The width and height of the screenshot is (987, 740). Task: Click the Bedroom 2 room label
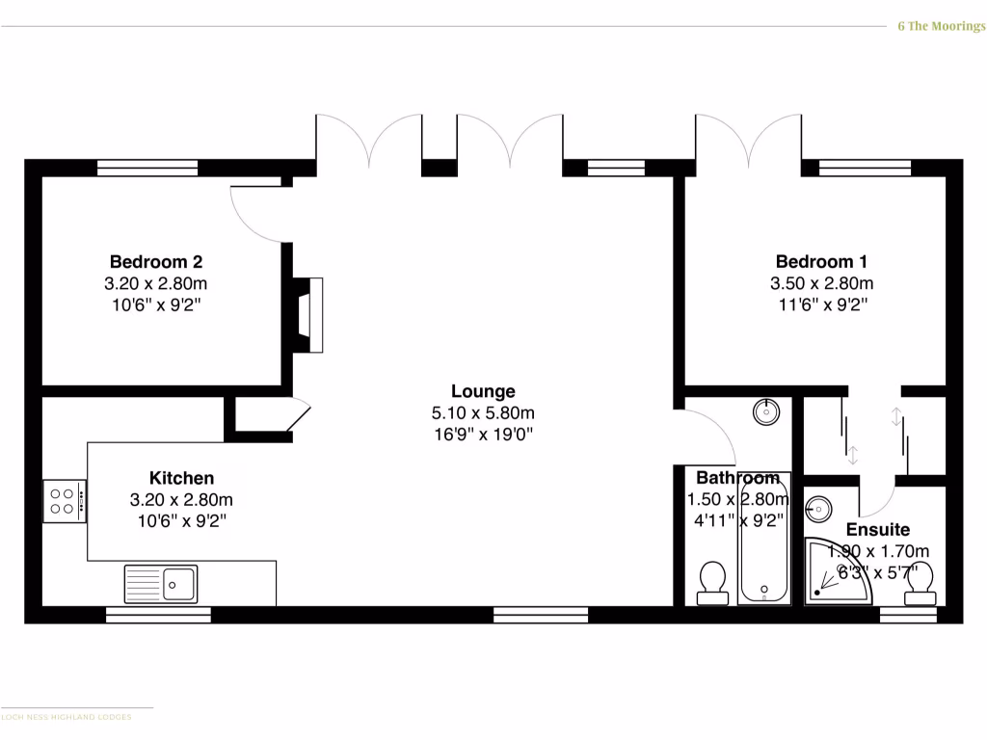(155, 261)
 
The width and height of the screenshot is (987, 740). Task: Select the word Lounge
(483, 391)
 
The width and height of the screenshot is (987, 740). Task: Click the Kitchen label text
(181, 478)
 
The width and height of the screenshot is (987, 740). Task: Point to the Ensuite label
(877, 530)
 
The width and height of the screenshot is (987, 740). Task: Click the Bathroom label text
(737, 478)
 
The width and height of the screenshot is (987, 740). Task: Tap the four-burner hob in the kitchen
(64, 501)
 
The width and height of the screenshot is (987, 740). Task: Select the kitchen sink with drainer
(161, 583)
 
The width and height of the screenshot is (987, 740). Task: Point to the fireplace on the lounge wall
(308, 313)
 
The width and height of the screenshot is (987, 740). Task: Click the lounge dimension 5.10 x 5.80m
(483, 413)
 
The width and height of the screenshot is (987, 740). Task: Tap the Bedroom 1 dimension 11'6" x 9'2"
(821, 305)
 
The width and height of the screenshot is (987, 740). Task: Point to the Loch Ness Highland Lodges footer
(67, 717)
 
